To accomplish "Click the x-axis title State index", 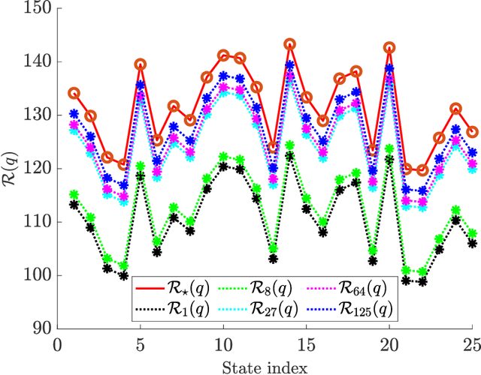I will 265,365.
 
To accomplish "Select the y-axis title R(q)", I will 13,169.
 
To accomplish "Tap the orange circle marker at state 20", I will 389,48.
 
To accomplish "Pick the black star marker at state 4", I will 124,276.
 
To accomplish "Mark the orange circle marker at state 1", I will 74,94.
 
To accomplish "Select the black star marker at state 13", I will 274,259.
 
